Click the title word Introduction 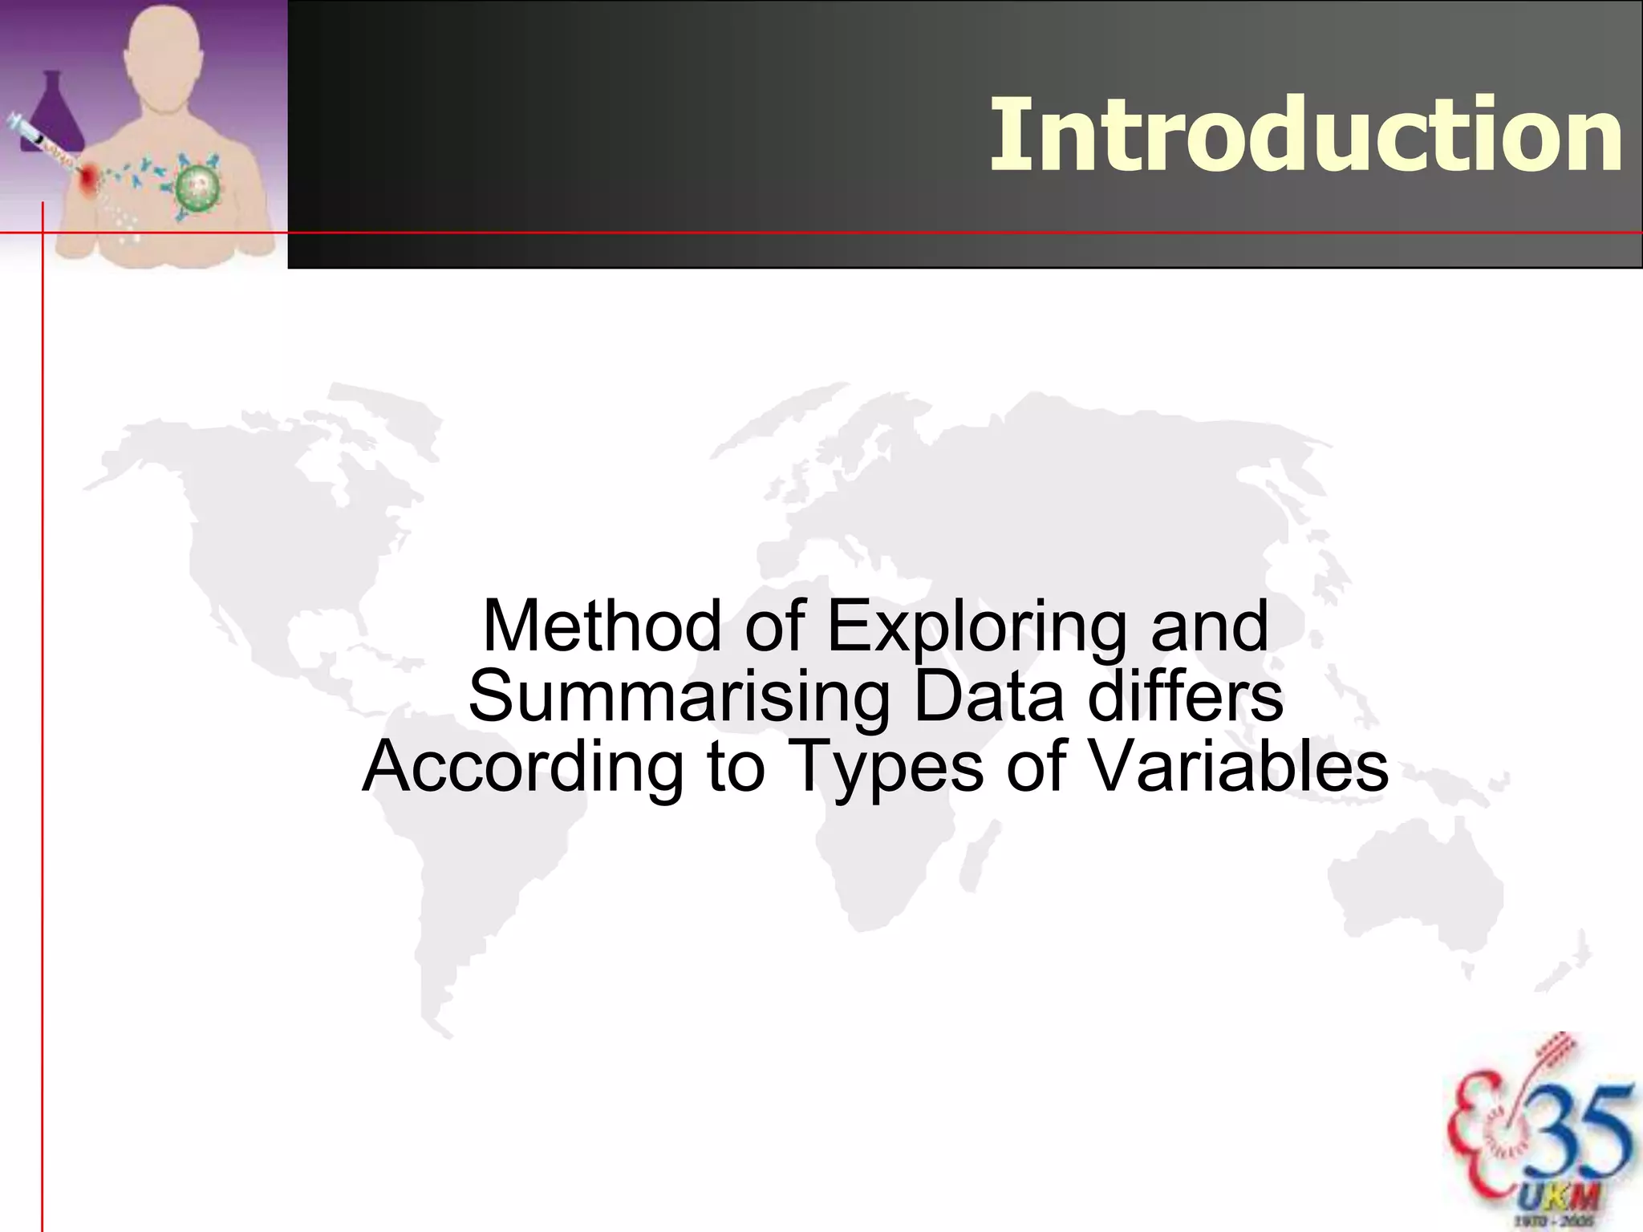(1306, 135)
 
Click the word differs (1185, 695)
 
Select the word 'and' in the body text (1210, 626)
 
